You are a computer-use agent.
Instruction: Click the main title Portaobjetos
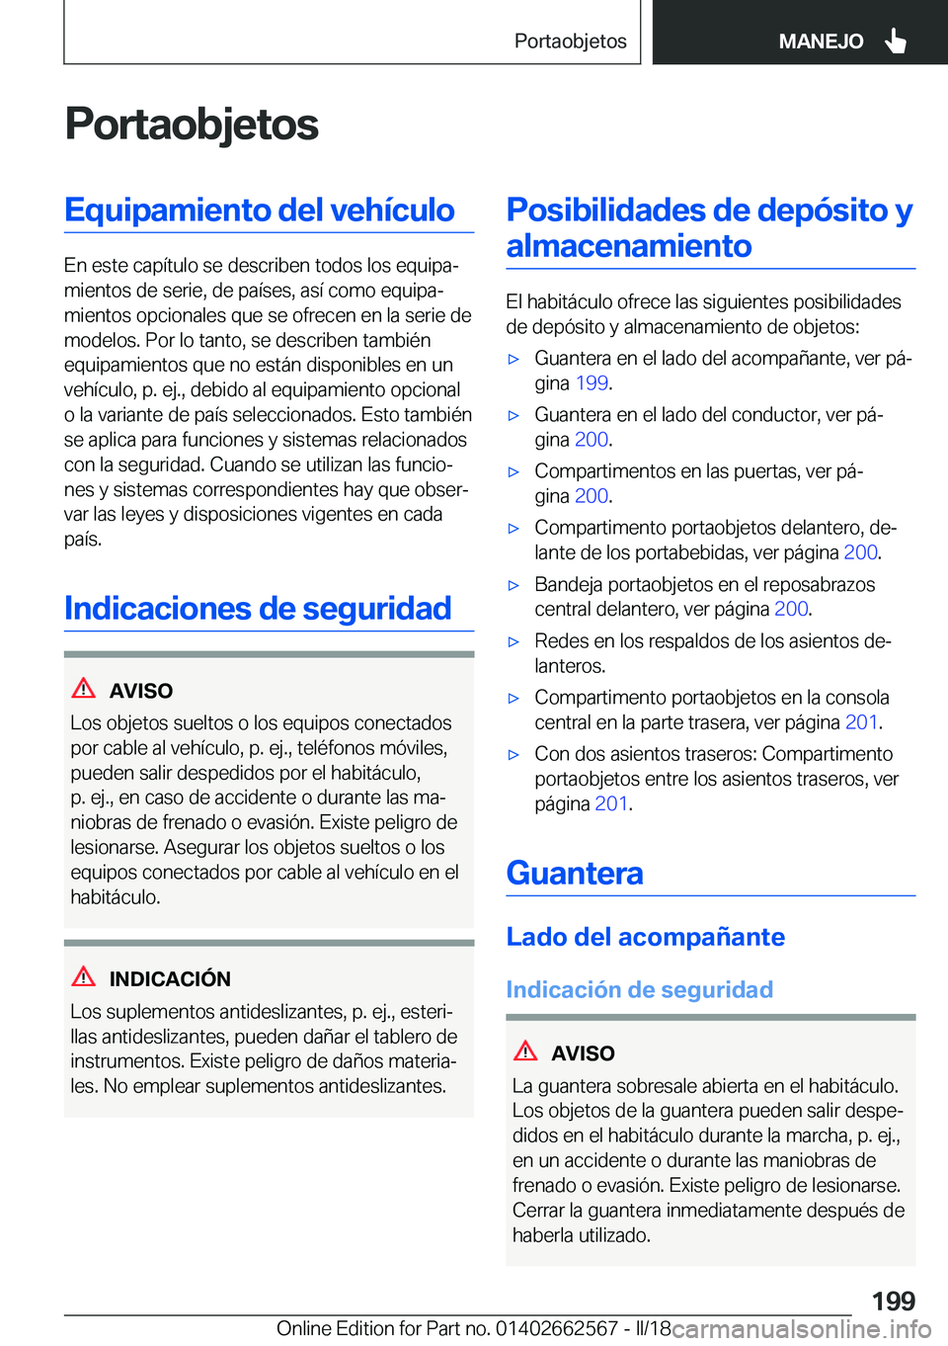192,125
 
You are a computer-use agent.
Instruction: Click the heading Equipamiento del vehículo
260,210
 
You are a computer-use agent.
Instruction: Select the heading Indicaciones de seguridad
258,609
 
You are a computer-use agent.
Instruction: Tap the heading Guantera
575,874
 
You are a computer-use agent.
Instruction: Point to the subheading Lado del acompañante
645,937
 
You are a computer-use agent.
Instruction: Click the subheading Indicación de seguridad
639,989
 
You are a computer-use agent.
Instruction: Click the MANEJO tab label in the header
821,42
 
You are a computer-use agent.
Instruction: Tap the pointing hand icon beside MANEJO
896,41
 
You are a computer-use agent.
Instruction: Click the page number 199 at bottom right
893,1301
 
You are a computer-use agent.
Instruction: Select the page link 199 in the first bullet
592,383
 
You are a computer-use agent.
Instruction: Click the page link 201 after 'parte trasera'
861,722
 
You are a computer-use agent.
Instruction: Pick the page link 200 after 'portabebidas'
860,552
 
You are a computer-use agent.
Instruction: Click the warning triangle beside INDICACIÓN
84,977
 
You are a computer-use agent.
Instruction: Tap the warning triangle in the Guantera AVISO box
525,1052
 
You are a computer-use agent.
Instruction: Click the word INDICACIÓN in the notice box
170,979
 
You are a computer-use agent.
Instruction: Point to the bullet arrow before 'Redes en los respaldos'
513,642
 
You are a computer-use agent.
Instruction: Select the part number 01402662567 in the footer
557,1328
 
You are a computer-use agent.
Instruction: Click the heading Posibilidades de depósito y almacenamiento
709,227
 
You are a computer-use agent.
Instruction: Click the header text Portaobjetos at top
570,42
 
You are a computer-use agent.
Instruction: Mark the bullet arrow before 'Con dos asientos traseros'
513,755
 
